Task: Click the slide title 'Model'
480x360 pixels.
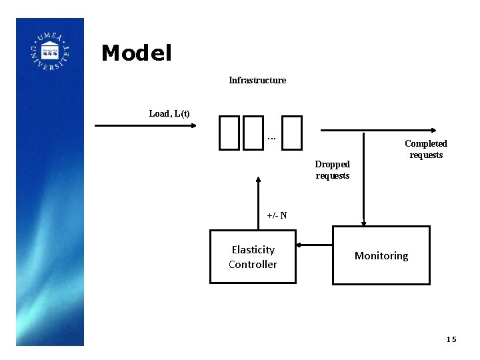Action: (x=137, y=53)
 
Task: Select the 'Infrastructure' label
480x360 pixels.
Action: (x=257, y=80)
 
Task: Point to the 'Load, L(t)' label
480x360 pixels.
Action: (x=169, y=113)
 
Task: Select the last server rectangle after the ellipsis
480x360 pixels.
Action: (x=292, y=131)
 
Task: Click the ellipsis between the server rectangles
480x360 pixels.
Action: (x=271, y=138)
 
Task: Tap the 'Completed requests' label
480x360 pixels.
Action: (x=426, y=149)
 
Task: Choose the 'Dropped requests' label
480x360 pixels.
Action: (x=333, y=169)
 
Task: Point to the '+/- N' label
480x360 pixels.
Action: (x=277, y=215)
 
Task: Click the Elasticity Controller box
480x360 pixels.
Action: (x=253, y=257)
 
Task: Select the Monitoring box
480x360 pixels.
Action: (x=381, y=255)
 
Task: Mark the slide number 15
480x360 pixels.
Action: (x=451, y=339)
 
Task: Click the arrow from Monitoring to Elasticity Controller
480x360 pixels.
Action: (x=314, y=245)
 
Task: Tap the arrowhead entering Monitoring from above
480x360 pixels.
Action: (x=363, y=223)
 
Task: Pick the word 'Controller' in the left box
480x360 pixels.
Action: (x=253, y=265)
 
